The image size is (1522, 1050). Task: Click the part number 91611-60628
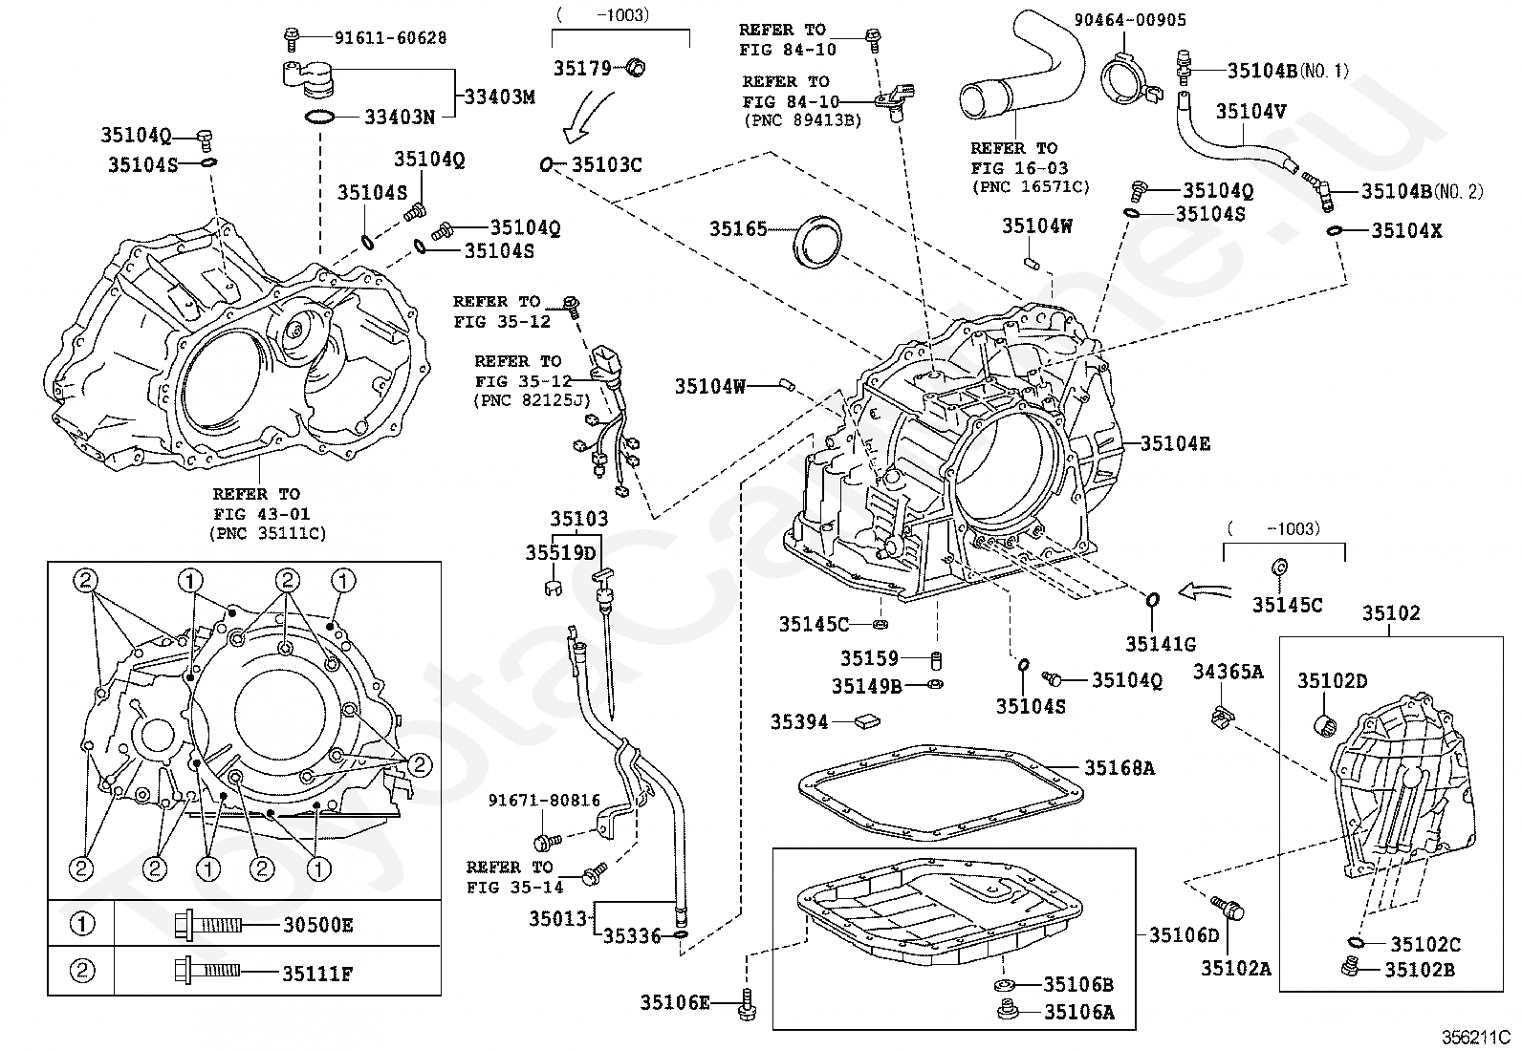(x=391, y=38)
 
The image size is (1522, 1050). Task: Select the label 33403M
(x=500, y=97)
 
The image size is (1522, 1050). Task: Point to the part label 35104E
(x=1176, y=443)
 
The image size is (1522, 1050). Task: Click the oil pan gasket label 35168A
(x=1120, y=767)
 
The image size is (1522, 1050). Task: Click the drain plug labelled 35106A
(x=1007, y=1011)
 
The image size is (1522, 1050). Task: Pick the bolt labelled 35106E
(x=748, y=1004)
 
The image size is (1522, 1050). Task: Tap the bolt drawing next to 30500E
(x=208, y=925)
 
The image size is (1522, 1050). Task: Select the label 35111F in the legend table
(x=317, y=974)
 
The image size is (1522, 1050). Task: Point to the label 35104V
(x=1250, y=112)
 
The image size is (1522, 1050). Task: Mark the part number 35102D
(x=1333, y=680)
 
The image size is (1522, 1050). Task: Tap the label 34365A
(x=1228, y=672)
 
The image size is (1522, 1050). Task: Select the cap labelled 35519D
(x=554, y=588)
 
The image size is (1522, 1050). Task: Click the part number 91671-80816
(x=544, y=801)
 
